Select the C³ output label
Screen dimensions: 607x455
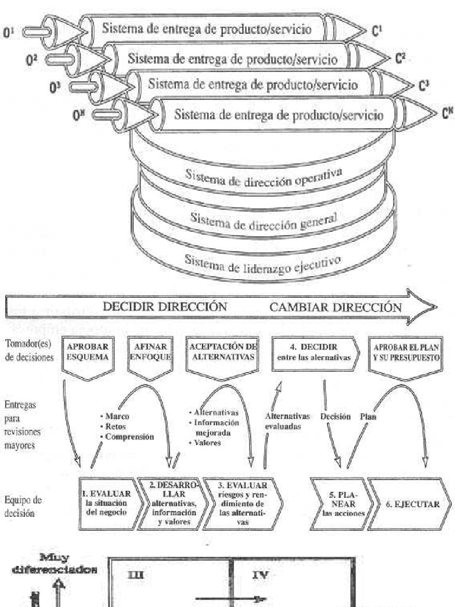point(424,86)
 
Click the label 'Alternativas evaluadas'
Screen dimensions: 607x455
point(284,421)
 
